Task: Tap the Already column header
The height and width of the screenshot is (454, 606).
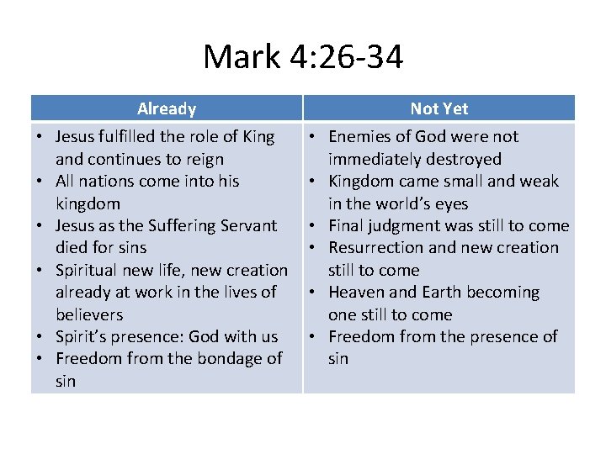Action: point(167,108)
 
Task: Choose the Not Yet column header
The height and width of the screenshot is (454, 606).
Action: point(439,108)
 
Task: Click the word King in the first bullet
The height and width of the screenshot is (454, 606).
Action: point(258,136)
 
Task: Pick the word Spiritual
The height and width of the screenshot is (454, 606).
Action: point(88,270)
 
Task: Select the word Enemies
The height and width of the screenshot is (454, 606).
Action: point(360,136)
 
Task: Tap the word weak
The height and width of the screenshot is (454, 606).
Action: point(540,181)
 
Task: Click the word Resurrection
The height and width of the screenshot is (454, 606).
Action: point(379,247)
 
